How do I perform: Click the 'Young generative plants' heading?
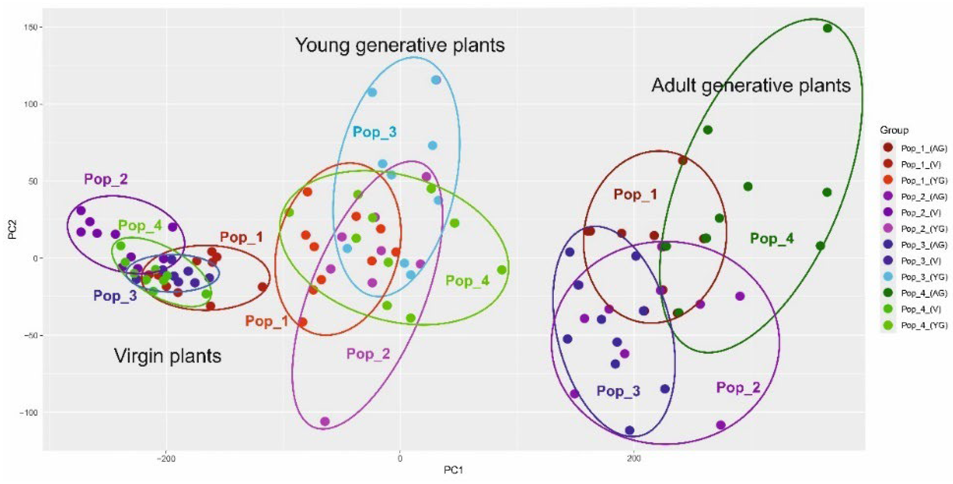coord(400,45)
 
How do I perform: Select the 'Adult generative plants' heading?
coord(751,85)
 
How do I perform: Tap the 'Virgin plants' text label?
coord(168,356)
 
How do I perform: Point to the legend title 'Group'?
coord(894,130)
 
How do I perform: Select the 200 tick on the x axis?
coord(634,459)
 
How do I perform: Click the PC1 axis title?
coord(453,471)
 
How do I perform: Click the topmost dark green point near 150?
coord(827,28)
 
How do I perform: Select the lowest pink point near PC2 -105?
coord(325,422)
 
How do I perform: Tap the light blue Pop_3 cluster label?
coord(374,132)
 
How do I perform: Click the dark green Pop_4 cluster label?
coord(772,239)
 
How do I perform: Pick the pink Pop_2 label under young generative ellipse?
coord(368,354)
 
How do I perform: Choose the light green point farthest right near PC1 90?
coord(502,270)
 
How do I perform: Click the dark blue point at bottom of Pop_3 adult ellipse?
coord(630,430)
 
